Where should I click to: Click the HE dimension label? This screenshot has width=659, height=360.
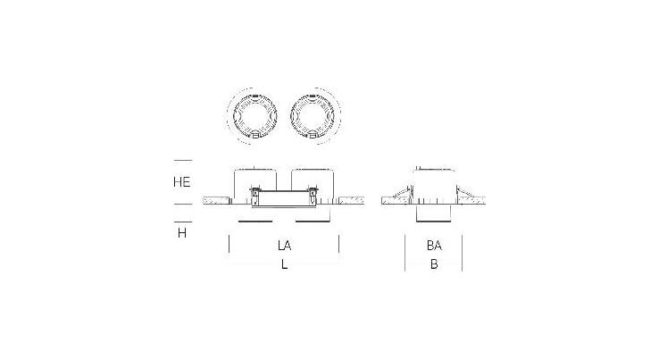(181, 181)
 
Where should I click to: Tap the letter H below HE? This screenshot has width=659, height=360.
(182, 232)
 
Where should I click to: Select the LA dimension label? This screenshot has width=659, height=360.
(285, 245)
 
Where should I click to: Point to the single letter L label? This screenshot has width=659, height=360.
(285, 264)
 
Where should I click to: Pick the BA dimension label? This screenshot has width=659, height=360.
(434, 245)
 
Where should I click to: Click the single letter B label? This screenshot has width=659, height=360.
(434, 264)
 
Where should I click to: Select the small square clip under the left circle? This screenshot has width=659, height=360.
(254, 134)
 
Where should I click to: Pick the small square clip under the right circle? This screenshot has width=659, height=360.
(313, 134)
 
